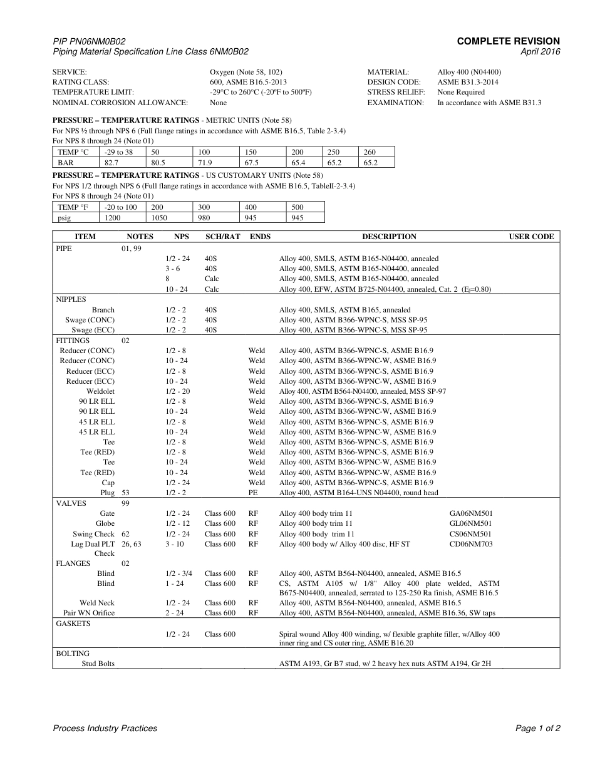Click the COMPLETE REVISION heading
[x=508, y=41]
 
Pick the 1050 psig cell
[x=162, y=217]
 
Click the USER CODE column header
[x=531, y=237]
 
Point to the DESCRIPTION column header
[x=389, y=237]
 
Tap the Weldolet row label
[x=100, y=391]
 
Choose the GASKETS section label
[x=73, y=624]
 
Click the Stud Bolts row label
[x=98, y=664]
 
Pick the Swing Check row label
[x=93, y=534]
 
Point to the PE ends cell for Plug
[x=253, y=493]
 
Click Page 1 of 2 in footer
[x=537, y=728]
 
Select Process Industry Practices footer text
[x=105, y=728]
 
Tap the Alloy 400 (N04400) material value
[x=469, y=72]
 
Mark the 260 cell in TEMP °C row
[x=370, y=152]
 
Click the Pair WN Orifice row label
[x=89, y=613]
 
